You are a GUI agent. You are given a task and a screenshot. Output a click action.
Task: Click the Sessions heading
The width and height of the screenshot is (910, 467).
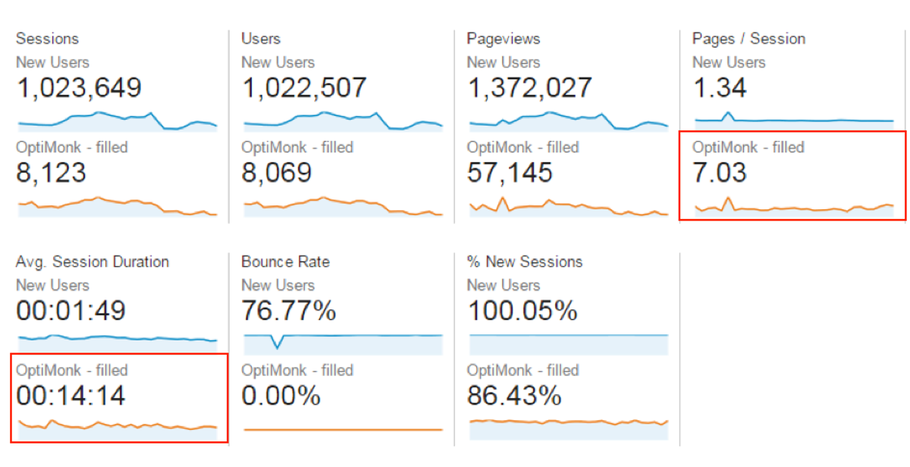pyautogui.click(x=47, y=39)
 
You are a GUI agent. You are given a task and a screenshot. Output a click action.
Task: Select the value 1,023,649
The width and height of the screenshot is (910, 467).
pyautogui.click(x=79, y=88)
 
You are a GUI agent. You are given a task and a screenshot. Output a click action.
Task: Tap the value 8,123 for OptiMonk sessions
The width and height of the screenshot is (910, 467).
pyautogui.click(x=51, y=174)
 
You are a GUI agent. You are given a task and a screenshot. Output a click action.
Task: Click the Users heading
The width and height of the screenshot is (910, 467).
pyautogui.click(x=261, y=39)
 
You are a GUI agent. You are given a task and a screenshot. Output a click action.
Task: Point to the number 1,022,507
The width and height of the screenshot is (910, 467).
pyautogui.click(x=303, y=88)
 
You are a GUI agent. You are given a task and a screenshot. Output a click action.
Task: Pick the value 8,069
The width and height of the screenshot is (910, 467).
pyautogui.click(x=276, y=174)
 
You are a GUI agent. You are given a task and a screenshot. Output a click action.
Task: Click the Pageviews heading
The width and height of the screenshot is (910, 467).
pyautogui.click(x=504, y=39)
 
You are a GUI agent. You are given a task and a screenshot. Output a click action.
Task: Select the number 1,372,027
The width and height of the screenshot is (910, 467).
pyautogui.click(x=529, y=88)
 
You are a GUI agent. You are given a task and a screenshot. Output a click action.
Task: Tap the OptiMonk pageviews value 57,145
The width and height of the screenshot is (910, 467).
pyautogui.click(x=510, y=174)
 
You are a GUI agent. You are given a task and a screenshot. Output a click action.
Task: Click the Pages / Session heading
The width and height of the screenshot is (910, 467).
pyautogui.click(x=748, y=39)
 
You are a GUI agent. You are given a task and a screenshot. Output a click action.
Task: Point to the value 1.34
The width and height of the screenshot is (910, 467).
pyautogui.click(x=719, y=88)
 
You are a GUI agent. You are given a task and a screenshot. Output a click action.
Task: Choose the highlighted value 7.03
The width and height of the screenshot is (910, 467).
pyautogui.click(x=719, y=174)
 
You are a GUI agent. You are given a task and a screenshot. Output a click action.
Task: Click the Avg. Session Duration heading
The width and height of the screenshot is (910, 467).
pyautogui.click(x=93, y=262)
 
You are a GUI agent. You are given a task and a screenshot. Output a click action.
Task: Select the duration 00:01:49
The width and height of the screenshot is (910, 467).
pyautogui.click(x=71, y=311)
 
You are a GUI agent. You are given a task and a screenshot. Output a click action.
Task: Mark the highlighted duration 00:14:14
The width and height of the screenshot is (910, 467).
pyautogui.click(x=71, y=396)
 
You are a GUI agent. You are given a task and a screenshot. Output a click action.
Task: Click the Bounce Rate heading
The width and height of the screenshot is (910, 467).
pyautogui.click(x=285, y=262)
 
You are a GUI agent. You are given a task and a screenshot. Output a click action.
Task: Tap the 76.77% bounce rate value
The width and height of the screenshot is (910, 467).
pyautogui.click(x=288, y=311)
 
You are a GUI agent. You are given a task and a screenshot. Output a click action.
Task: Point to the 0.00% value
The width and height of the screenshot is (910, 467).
pyautogui.click(x=281, y=396)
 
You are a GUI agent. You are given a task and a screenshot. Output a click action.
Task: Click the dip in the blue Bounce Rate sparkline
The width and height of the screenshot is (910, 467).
pyautogui.click(x=278, y=346)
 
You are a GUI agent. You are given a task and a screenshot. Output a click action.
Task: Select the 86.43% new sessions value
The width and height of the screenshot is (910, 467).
pyautogui.click(x=514, y=396)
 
